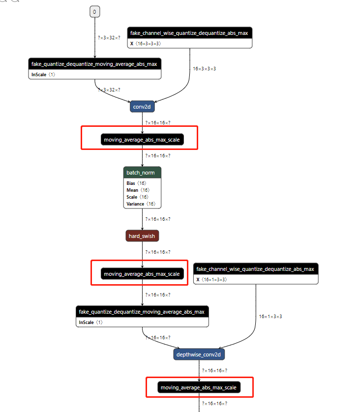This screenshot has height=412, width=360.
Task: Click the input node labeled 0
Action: tap(95, 11)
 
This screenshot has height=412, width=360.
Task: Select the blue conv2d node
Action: tap(142, 107)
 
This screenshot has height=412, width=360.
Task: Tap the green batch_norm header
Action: tap(142, 173)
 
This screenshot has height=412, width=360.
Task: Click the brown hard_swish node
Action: tap(142, 236)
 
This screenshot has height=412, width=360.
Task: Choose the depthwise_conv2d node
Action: tap(200, 354)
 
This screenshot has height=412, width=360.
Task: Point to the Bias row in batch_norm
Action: tap(136, 183)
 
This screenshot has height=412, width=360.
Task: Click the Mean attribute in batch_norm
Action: tap(138, 190)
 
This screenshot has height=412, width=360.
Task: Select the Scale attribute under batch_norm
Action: tap(137, 197)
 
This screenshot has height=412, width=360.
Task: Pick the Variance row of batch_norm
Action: tap(141, 204)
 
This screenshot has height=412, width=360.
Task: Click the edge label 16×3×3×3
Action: tap(204, 68)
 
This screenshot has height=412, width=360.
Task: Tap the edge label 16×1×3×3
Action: tap(270, 316)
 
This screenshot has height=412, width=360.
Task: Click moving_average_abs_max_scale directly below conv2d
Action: tap(142, 140)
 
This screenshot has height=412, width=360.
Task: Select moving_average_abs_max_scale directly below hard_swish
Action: tap(142, 274)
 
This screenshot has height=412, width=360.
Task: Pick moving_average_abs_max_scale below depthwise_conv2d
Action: tap(198, 388)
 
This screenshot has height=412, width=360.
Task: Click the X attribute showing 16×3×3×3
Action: tap(145, 44)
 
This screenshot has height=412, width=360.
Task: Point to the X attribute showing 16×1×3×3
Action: tap(211, 280)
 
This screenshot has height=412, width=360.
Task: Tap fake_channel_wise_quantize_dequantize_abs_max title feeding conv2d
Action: tap(190, 33)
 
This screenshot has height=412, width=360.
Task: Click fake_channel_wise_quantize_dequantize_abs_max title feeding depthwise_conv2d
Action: tap(256, 269)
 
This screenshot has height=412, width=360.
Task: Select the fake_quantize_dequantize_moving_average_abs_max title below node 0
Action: tap(95, 64)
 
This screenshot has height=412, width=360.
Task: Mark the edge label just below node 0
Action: tap(109, 37)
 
